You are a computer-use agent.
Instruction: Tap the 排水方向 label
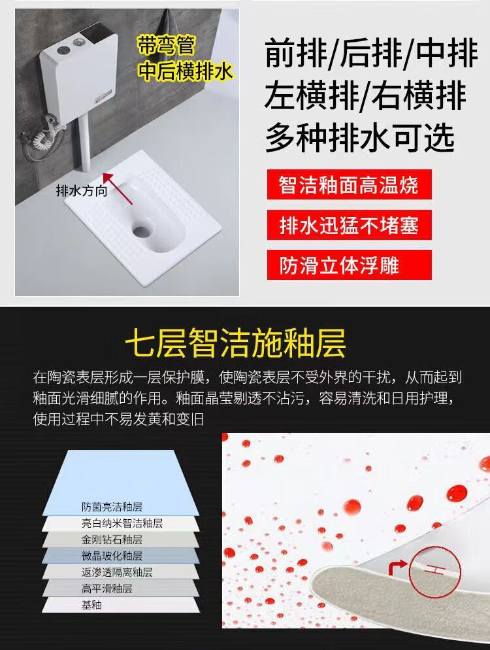pyautogui.click(x=82, y=191)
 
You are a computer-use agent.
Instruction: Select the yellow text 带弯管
pyautogui.click(x=166, y=45)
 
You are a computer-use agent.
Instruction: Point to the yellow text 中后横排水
pyautogui.click(x=186, y=71)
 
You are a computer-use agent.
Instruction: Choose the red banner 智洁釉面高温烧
pyautogui.click(x=349, y=184)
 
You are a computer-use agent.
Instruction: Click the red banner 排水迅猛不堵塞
pyautogui.click(x=349, y=225)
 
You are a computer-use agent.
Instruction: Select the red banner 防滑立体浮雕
pyautogui.click(x=349, y=265)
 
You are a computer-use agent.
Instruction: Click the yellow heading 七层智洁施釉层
pyautogui.click(x=235, y=343)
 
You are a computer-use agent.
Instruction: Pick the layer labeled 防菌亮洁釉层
pyautogui.click(x=120, y=483)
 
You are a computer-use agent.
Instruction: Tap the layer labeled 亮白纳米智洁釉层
pyautogui.click(x=120, y=524)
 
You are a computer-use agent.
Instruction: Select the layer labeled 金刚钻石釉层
pyautogui.click(x=120, y=539)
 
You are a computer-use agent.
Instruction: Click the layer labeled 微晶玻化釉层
pyautogui.click(x=120, y=556)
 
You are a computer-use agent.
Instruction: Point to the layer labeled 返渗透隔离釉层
pyautogui.click(x=120, y=572)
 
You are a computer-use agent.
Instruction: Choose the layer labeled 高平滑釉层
pyautogui.click(x=120, y=589)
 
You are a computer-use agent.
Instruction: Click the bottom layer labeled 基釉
pyautogui.click(x=120, y=605)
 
